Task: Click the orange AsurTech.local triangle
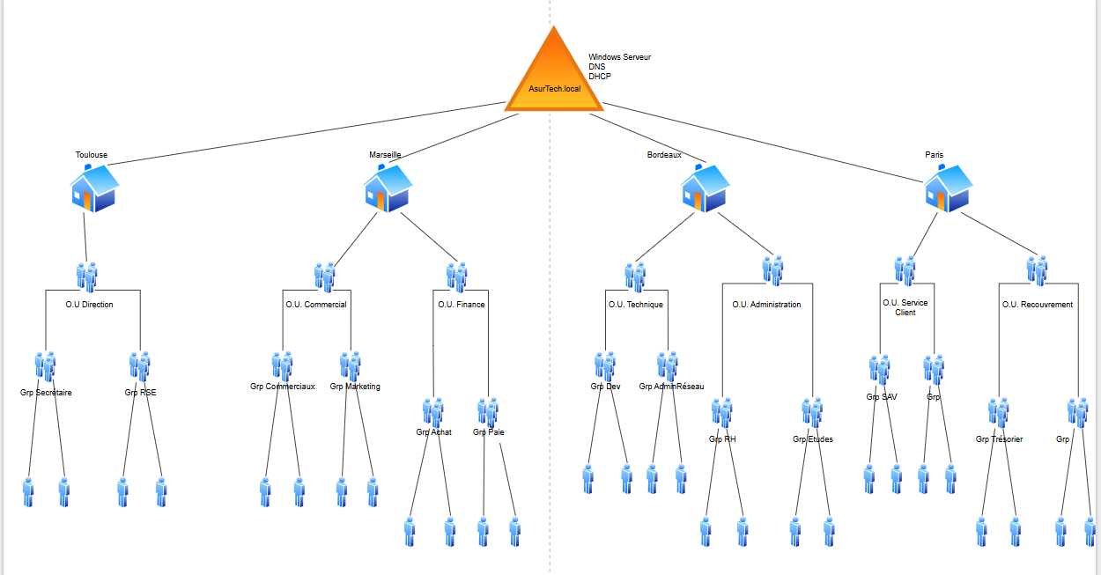pyautogui.click(x=554, y=76)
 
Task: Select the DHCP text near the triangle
pyautogui.click(x=600, y=77)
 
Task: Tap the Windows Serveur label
pyautogui.click(x=619, y=57)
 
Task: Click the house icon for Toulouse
pyautogui.click(x=94, y=188)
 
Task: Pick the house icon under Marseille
pyautogui.click(x=388, y=188)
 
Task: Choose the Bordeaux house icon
pyautogui.click(x=705, y=188)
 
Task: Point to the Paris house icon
pyautogui.click(x=948, y=188)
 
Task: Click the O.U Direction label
pyautogui.click(x=89, y=305)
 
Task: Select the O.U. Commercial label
pyautogui.click(x=316, y=305)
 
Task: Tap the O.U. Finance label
pyautogui.click(x=462, y=305)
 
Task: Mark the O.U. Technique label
pyautogui.click(x=636, y=305)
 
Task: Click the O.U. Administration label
pyautogui.click(x=767, y=305)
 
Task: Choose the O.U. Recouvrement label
pyautogui.click(x=1038, y=305)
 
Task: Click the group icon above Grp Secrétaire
pyautogui.click(x=46, y=366)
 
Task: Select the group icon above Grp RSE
pyautogui.click(x=140, y=366)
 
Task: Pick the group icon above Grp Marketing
pyautogui.click(x=351, y=366)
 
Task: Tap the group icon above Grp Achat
pyautogui.click(x=432, y=412)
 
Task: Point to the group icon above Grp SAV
pyautogui.click(x=880, y=370)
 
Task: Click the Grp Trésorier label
pyautogui.click(x=999, y=439)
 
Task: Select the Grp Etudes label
pyautogui.click(x=812, y=439)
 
